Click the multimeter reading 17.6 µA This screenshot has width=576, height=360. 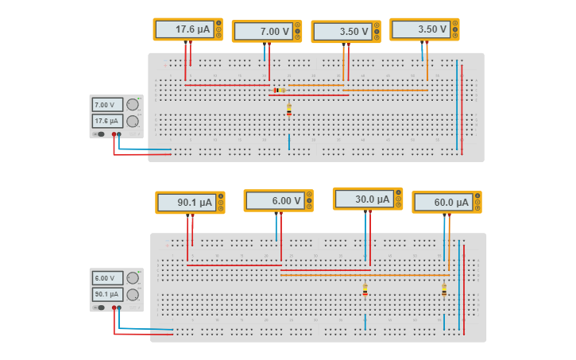click(x=187, y=29)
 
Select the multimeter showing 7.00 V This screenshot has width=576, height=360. click(x=266, y=31)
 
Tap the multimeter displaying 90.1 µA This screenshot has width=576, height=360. click(x=190, y=203)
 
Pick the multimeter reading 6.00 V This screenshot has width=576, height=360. click(x=278, y=201)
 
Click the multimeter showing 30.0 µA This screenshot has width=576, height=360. click(x=367, y=199)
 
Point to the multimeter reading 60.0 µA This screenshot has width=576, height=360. click(x=446, y=202)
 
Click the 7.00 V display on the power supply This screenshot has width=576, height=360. click(x=106, y=105)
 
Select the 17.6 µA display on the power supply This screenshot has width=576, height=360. click(x=106, y=121)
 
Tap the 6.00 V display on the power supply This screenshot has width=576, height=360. click(x=106, y=278)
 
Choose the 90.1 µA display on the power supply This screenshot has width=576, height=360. click(x=106, y=294)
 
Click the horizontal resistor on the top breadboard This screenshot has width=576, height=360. click(x=279, y=91)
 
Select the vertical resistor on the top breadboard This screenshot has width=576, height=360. click(x=288, y=111)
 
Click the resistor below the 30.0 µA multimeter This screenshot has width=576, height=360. click(x=365, y=291)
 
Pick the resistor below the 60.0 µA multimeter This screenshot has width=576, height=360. click(x=443, y=291)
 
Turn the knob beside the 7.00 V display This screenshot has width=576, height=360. click(x=133, y=105)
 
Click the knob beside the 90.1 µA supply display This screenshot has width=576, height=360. click(x=133, y=295)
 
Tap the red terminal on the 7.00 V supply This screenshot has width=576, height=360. click(x=114, y=134)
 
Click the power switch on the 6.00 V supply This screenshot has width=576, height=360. click(x=100, y=308)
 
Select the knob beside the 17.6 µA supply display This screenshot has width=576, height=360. click(x=133, y=122)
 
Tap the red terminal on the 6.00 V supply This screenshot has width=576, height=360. click(x=114, y=308)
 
